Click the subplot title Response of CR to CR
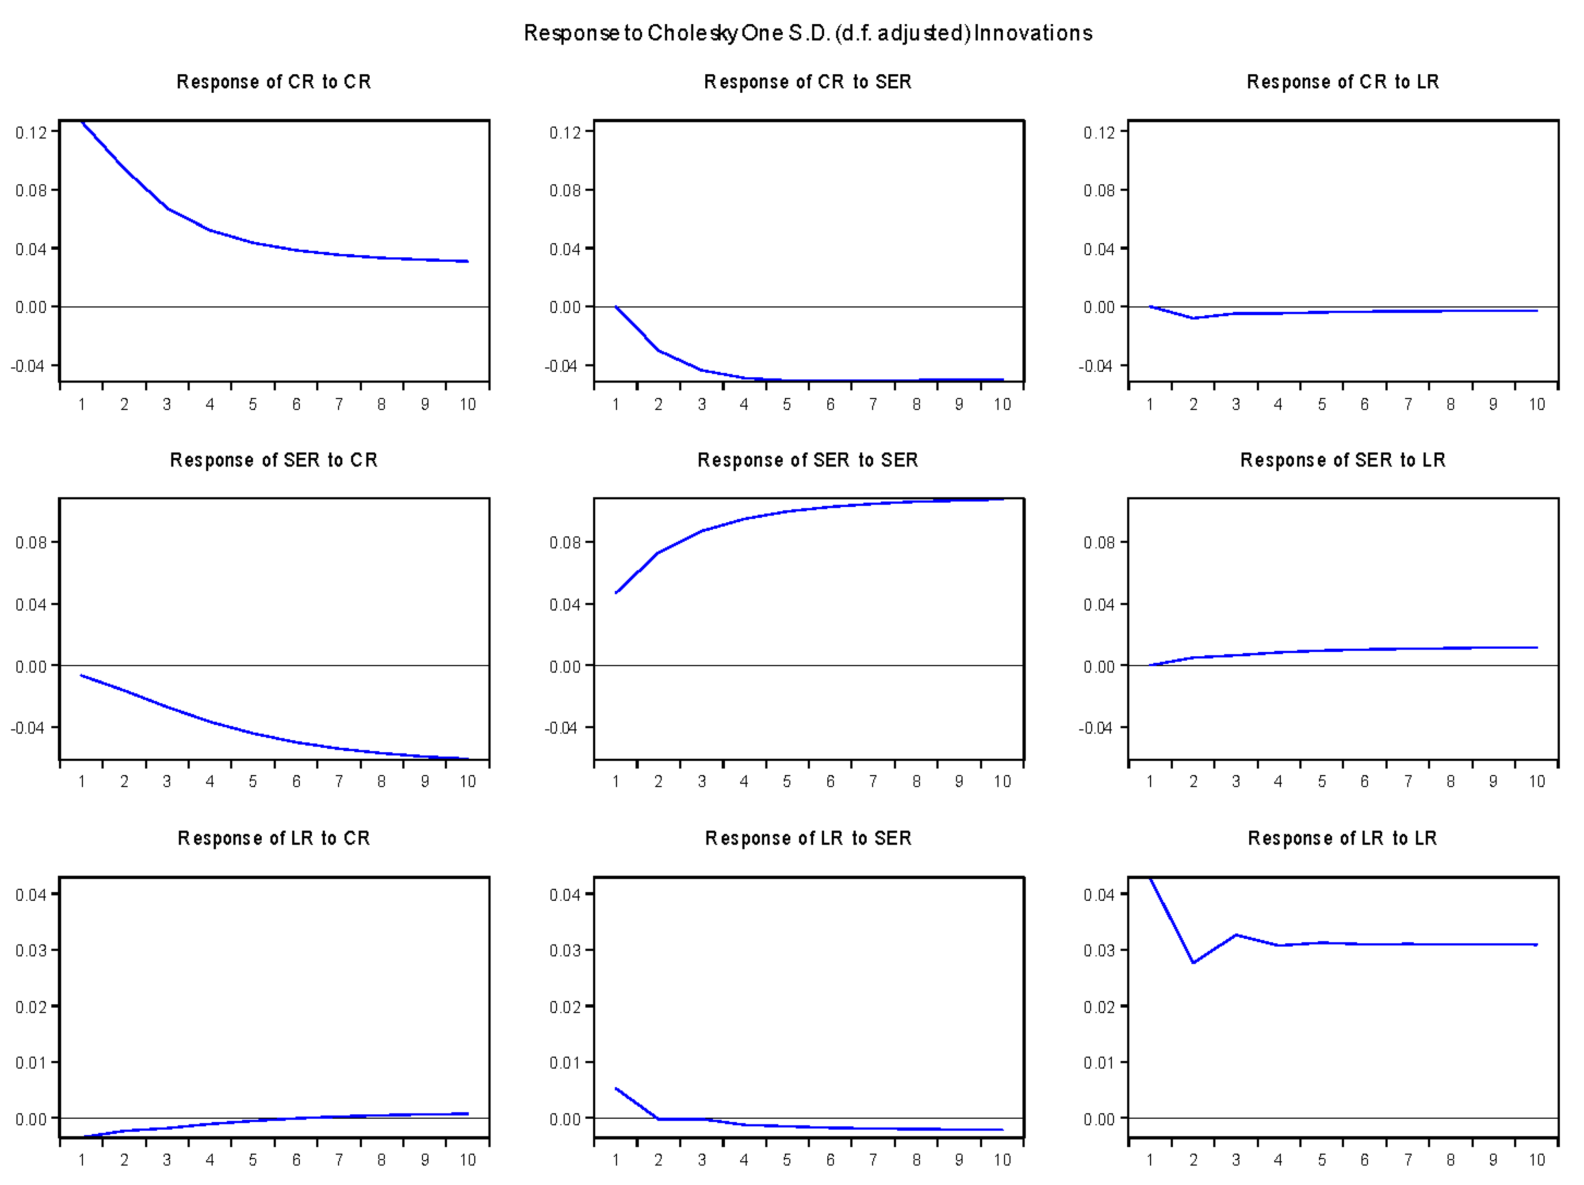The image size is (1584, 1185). point(273,81)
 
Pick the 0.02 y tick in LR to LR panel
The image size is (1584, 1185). point(1099,1007)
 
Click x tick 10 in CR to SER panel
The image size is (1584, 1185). point(1002,405)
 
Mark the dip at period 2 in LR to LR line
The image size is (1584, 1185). point(1193,962)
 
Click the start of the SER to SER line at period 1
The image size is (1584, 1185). point(616,593)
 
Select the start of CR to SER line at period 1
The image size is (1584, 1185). point(616,307)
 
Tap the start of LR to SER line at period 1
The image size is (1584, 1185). point(616,1088)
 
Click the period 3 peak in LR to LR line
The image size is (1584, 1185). point(1236,935)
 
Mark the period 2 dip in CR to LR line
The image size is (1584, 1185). point(1193,318)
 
